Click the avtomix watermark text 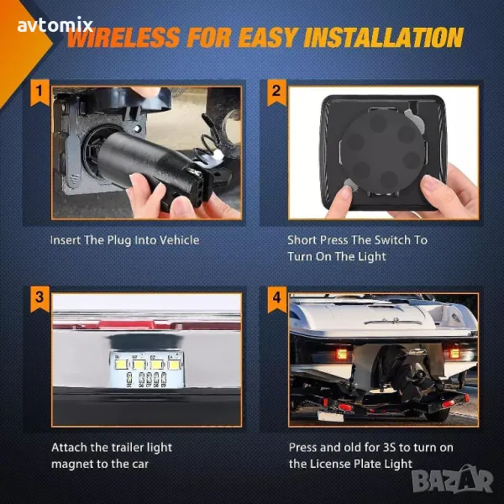pos(55,25)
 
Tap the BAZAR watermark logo pos(453,480)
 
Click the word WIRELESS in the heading pos(123,37)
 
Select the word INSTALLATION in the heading pos(384,37)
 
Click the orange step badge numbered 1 pos(39,92)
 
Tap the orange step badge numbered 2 pos(276,92)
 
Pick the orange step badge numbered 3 pos(39,298)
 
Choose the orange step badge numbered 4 pos(276,298)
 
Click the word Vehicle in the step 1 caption pos(180,240)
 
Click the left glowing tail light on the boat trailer pos(342,354)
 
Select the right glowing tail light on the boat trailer pos(454,353)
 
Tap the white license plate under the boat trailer pos(331,416)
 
